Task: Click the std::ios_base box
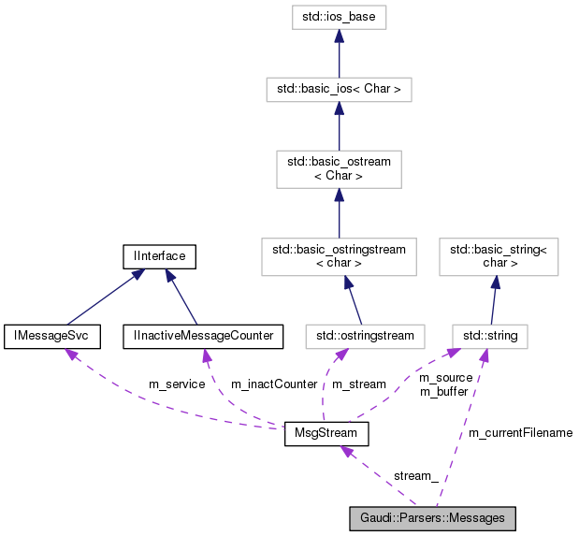(x=339, y=16)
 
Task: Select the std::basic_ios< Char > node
(x=339, y=90)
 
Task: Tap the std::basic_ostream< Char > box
(x=339, y=169)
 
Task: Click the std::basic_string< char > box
(x=498, y=255)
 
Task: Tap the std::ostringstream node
(x=365, y=334)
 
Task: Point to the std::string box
(x=491, y=334)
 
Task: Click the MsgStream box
(x=326, y=434)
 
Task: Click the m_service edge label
(x=177, y=384)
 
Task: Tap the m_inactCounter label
(x=274, y=384)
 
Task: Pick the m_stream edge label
(x=359, y=384)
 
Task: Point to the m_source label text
(x=445, y=378)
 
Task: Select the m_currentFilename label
(x=520, y=433)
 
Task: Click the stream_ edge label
(x=415, y=476)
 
